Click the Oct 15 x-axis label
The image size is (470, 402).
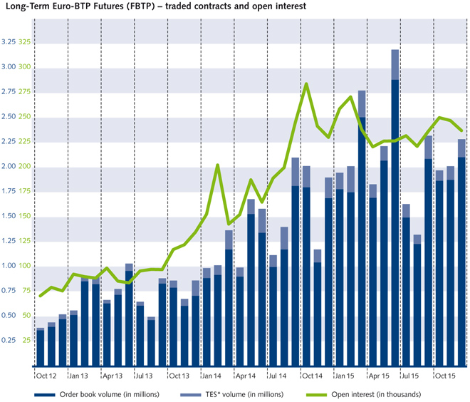446,375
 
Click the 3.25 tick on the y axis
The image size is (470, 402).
9,42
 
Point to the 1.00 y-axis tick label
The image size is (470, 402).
9,266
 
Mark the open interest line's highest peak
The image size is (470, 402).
306,83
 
